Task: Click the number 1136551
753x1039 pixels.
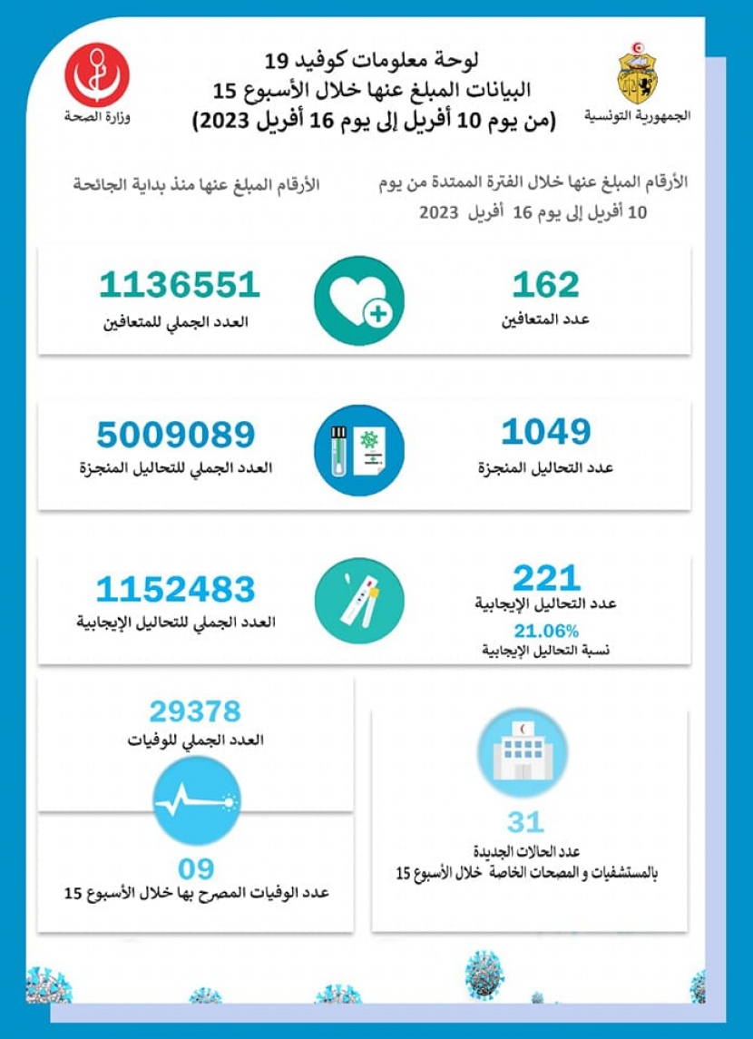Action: click(180, 285)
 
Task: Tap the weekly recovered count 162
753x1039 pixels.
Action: click(545, 285)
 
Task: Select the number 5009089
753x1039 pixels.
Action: click(176, 436)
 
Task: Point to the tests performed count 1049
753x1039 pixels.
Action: click(545, 433)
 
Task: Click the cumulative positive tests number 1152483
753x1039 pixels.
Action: click(176, 590)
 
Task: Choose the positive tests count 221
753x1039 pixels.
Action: click(545, 578)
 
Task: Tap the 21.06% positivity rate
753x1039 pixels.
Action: click(546, 631)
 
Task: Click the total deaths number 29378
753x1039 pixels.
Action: click(195, 711)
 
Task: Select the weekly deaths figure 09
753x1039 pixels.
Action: click(195, 868)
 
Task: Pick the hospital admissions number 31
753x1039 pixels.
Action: click(525, 822)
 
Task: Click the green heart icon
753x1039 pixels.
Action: click(359, 300)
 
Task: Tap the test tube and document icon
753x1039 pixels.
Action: click(359, 450)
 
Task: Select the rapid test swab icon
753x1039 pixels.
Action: click(359, 601)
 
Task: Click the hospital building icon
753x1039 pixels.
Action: click(522, 752)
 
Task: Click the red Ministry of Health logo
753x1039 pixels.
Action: click(97, 74)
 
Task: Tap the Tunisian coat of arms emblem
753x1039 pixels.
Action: click(638, 73)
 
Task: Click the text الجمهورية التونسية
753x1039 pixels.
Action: click(637, 116)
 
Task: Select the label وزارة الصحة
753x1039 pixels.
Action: click(97, 117)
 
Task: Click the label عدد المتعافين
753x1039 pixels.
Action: click(546, 319)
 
